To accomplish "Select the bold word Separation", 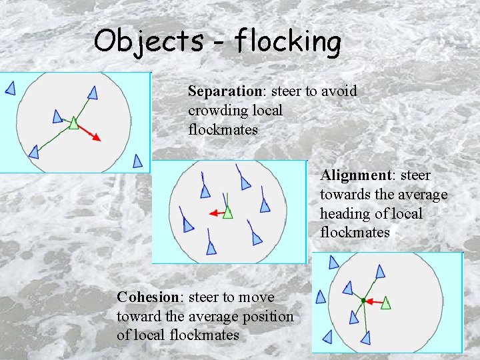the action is coord(224,91).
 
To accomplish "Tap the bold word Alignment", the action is coord(355,175).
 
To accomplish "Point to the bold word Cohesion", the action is coord(147,297).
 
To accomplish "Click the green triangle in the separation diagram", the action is coord(73,123).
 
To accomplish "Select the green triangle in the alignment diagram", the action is coord(228,213).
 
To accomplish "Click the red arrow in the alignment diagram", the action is coord(215,213).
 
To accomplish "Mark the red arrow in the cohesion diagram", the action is coord(373,301).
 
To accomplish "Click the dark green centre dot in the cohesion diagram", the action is coord(363,301).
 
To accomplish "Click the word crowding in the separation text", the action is coord(217,110).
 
